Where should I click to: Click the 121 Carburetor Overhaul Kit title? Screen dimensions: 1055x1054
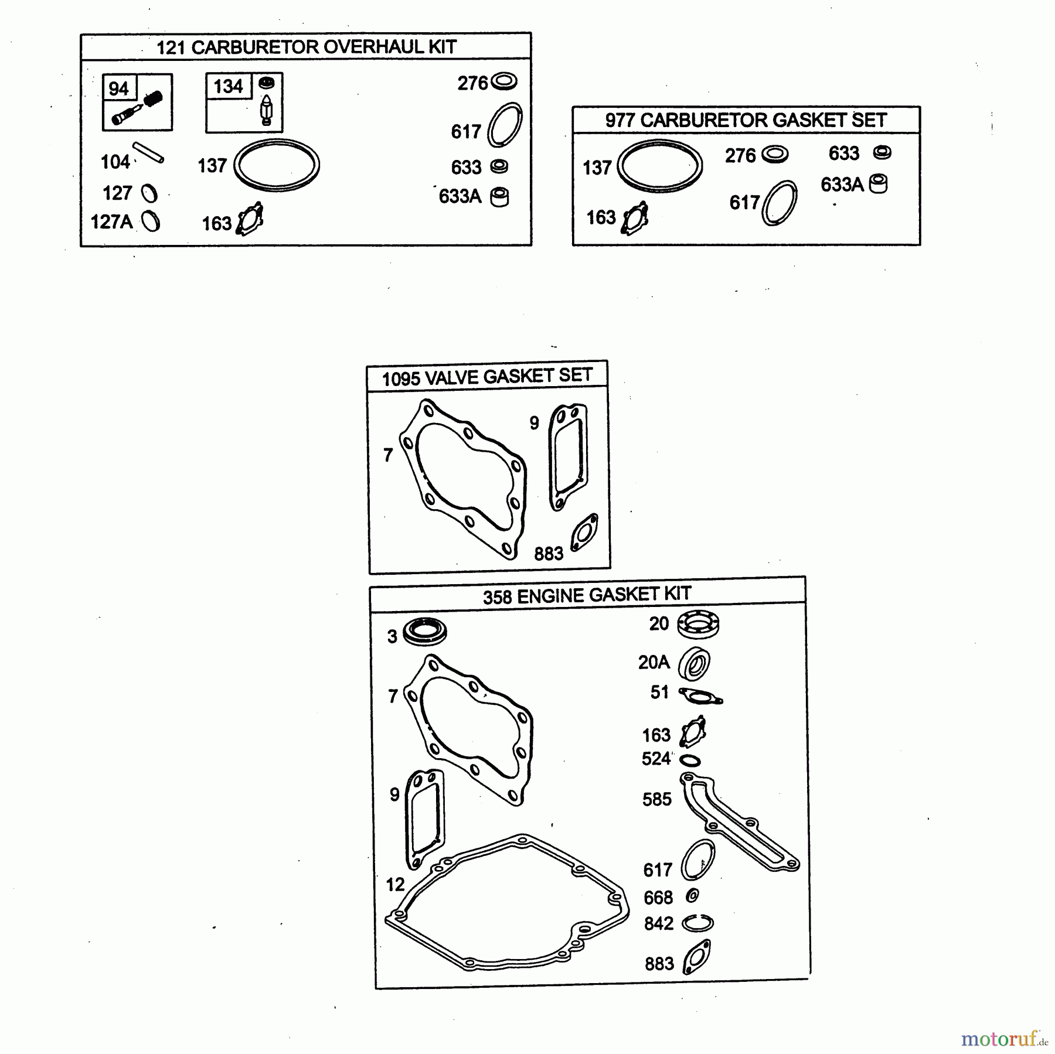coord(306,47)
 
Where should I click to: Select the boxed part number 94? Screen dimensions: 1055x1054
coord(118,88)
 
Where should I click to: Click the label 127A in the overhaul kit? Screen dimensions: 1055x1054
coord(111,222)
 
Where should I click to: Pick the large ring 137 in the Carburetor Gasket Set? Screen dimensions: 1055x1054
coord(660,166)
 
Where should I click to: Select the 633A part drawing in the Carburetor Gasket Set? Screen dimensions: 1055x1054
coord(878,184)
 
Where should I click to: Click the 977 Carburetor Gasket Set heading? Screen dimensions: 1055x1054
coord(746,120)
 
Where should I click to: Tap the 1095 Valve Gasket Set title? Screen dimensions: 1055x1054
coord(487,377)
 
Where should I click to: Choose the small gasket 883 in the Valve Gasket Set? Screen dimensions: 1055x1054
coord(584,533)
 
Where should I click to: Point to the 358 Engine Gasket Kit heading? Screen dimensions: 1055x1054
coord(587,595)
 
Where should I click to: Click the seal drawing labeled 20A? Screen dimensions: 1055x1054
coord(694,664)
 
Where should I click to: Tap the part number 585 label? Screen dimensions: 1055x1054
coord(657,799)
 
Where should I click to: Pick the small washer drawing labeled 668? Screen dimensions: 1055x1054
coord(692,895)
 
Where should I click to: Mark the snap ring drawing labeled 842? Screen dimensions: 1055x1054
coord(697,923)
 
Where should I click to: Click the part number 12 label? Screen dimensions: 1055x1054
coord(396,885)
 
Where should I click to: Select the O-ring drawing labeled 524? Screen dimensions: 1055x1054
coord(690,760)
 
